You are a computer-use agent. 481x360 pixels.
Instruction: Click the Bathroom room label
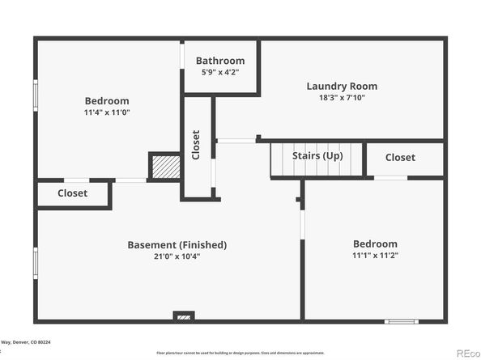[x=219, y=61]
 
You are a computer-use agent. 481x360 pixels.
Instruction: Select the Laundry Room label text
[x=341, y=86]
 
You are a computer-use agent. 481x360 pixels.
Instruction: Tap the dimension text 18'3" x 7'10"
[x=341, y=98]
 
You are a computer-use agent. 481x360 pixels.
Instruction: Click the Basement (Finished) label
[x=177, y=244]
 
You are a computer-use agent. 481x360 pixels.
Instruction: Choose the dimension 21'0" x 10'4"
[x=177, y=256]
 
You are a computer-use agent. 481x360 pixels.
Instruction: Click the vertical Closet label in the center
[x=196, y=145]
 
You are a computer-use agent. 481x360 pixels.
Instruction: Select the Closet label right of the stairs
[x=400, y=157]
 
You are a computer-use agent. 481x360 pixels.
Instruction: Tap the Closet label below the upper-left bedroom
[x=72, y=193]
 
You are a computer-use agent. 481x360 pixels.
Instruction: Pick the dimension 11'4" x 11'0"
[x=107, y=112]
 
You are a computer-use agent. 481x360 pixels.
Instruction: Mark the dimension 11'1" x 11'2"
[x=375, y=255]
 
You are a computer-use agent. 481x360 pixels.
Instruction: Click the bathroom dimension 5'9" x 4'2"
[x=219, y=72]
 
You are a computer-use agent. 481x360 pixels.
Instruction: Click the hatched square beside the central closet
[x=164, y=166]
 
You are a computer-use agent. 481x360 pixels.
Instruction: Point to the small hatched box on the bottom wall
[x=184, y=316]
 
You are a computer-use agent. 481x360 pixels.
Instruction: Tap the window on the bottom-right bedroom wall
[x=400, y=321]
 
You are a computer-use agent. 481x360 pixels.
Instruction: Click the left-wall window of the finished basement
[x=36, y=263]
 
